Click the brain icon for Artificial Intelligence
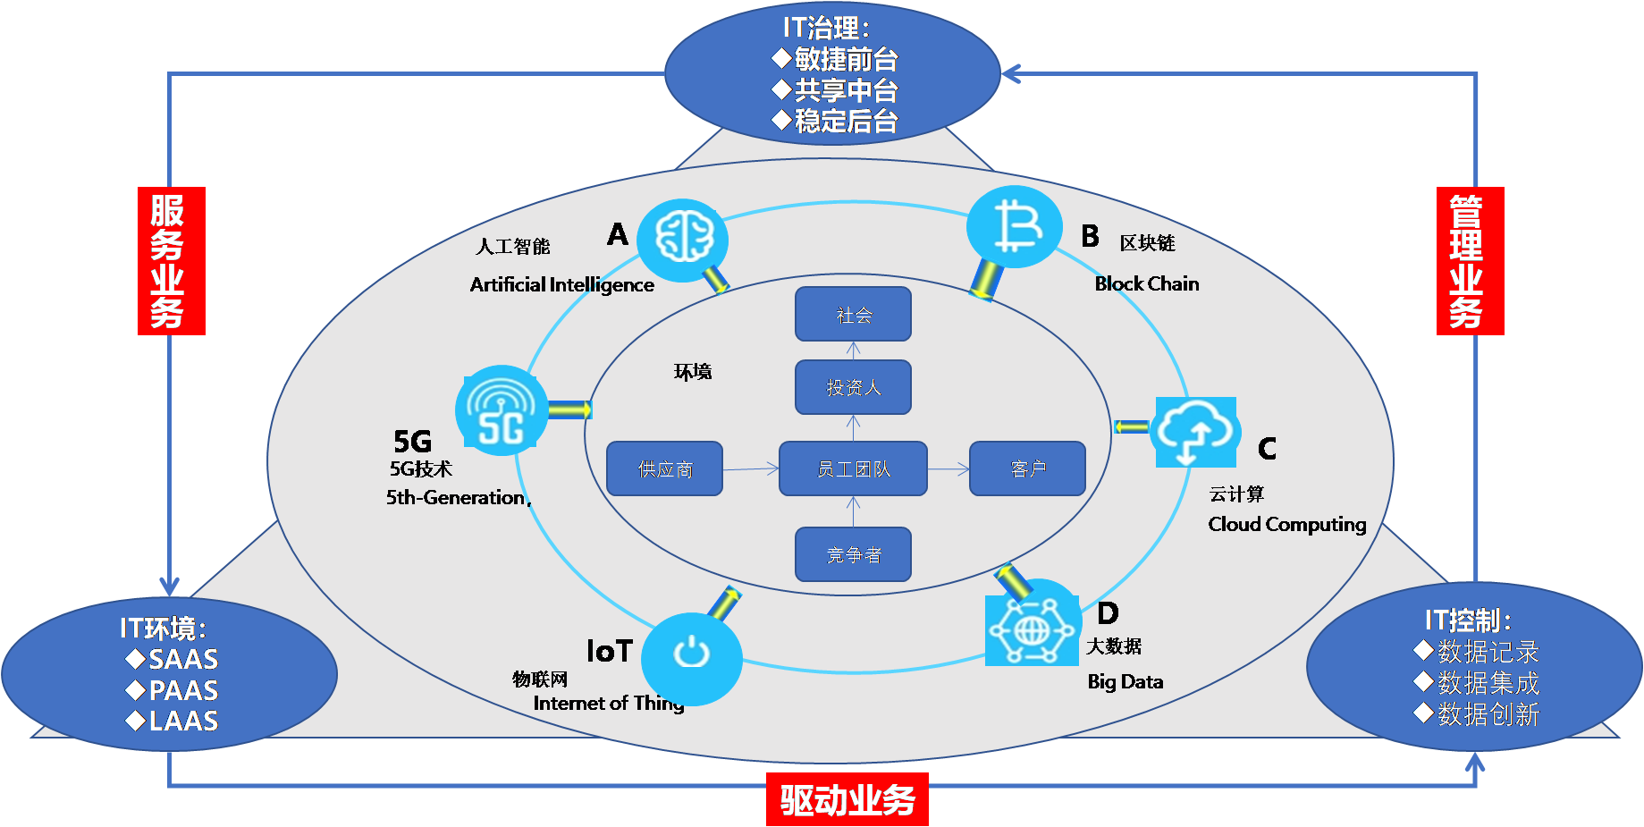684,239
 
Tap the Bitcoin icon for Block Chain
1016,227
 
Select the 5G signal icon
502,410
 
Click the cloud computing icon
1195,432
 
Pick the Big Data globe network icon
1031,631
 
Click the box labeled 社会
853,314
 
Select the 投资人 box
853,387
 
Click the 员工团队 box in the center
853,468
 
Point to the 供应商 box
664,468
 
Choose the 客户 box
1027,468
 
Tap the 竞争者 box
853,554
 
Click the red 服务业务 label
171,261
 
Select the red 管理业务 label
1470,261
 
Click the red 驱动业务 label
847,799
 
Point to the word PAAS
183,690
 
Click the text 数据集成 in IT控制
1488,683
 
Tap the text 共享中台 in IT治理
846,90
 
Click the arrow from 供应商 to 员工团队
751,468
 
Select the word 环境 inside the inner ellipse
693,372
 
